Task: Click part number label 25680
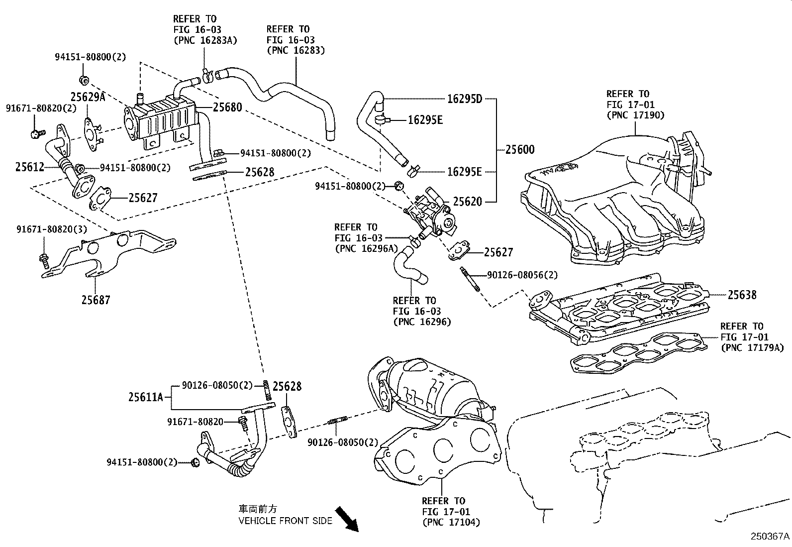coord(227,107)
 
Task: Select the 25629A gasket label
coord(88,97)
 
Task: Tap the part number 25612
coord(30,167)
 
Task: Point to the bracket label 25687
coord(96,300)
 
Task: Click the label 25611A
coord(146,397)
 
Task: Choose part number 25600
coord(520,149)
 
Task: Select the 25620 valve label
coord(467,202)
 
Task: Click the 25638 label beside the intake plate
coord(742,295)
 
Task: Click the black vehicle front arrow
coord(347,519)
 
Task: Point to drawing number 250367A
coord(770,537)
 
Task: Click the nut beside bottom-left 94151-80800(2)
coord(195,463)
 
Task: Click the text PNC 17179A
coord(752,348)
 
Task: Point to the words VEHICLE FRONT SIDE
coord(285,521)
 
